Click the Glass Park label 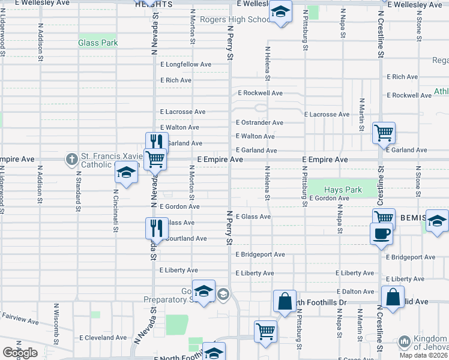point(98,43)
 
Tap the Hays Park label point(343,190)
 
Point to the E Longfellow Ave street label point(185,64)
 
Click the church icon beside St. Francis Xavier point(71,159)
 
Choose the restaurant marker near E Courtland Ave point(155,228)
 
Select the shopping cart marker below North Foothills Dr point(265,331)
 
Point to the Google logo point(19,353)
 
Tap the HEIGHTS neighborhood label point(154,4)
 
